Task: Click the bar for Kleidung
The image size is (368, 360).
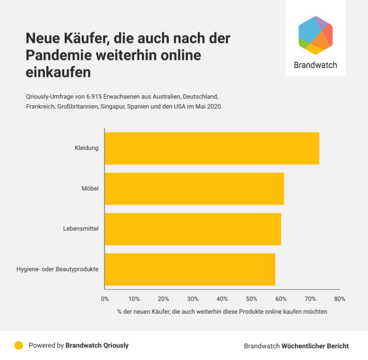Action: [x=212, y=148]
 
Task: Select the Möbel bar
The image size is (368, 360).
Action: [x=194, y=189]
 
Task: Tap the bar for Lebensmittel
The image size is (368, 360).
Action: [x=192, y=229]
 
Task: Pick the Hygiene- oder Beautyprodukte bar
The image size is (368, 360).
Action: [x=190, y=269]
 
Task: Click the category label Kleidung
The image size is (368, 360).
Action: [x=86, y=148]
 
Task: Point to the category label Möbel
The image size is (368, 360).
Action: [x=90, y=189]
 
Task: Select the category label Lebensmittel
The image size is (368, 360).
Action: [x=81, y=229]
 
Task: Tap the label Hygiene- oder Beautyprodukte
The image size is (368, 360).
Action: [x=57, y=269]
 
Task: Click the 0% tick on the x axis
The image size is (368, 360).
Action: [x=105, y=299]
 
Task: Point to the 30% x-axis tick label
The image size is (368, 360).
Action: [x=192, y=299]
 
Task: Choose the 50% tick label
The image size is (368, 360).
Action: [x=251, y=299]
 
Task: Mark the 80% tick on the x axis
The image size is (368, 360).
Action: [x=339, y=299]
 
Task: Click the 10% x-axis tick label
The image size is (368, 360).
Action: [x=134, y=299]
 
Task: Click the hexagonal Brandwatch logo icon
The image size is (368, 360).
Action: [x=316, y=35]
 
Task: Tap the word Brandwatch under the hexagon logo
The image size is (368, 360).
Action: [x=315, y=65]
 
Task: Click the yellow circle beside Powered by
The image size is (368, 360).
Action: [x=19, y=345]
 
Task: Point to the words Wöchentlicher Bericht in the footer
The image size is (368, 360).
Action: [x=315, y=346]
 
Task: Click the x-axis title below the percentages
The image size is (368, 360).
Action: [x=222, y=312]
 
